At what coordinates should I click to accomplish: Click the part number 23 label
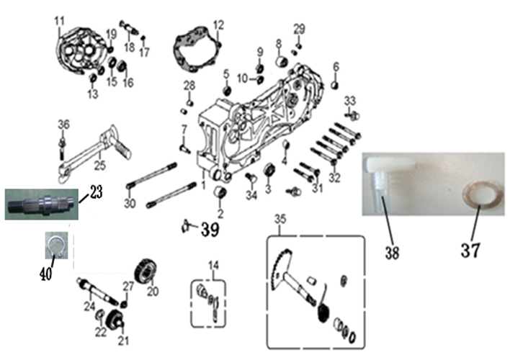[x=96, y=192]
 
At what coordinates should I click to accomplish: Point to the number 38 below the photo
[x=393, y=253]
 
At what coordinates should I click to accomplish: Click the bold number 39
[x=210, y=230]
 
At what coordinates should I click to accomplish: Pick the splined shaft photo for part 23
[x=42, y=204]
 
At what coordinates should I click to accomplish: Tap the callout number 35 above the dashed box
[x=280, y=219]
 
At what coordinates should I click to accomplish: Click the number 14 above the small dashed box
[x=214, y=266]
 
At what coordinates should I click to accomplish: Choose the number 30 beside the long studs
[x=130, y=204]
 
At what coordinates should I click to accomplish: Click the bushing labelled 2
[x=220, y=192]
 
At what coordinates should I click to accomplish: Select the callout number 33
[x=350, y=101]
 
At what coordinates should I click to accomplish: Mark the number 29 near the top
[x=299, y=29]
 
